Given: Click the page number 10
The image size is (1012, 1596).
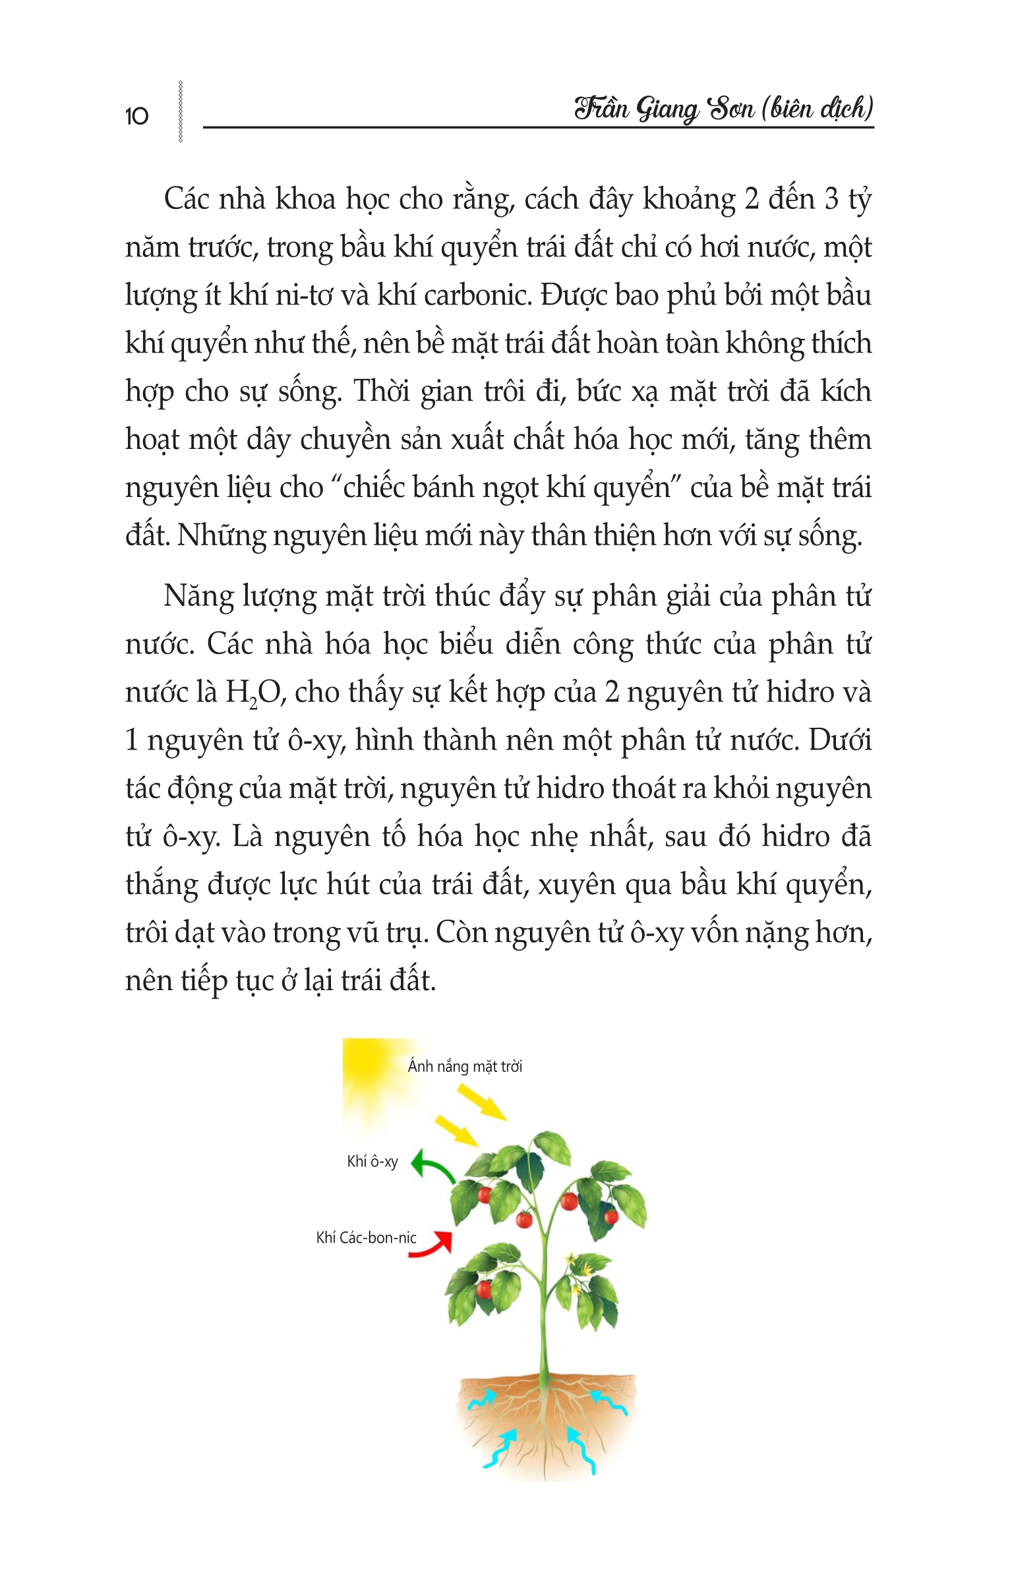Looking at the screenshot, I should (136, 117).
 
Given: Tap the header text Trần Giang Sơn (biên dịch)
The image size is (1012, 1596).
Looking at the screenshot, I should (724, 108).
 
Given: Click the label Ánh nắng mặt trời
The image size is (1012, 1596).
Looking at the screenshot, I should (465, 1067).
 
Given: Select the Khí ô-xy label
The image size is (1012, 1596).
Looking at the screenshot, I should (372, 1161).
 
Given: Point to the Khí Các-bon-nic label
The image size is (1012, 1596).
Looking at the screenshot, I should (366, 1237).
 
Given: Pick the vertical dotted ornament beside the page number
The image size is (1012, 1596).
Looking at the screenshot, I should (180, 111).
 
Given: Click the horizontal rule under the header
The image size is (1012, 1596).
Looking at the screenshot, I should (537, 127).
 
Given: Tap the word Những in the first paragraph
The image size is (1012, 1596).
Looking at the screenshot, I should (221, 535).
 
